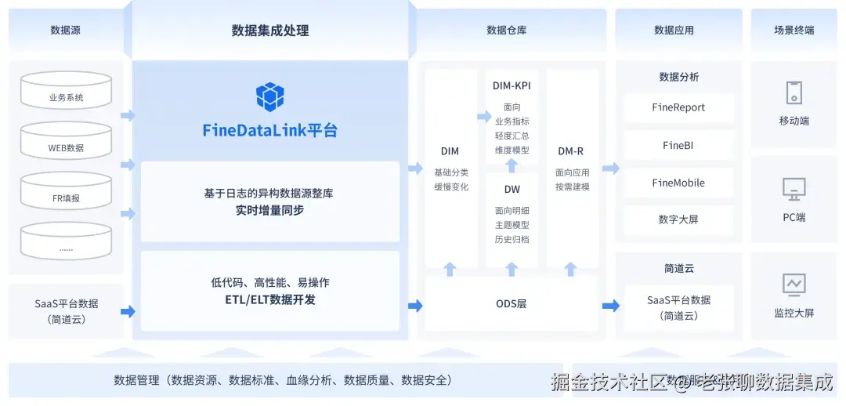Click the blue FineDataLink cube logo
(x=270, y=96)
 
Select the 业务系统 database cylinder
(x=66, y=92)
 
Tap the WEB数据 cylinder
(x=66, y=142)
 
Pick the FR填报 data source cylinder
(x=66, y=192)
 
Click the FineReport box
(x=678, y=107)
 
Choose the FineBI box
(x=678, y=145)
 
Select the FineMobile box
(x=678, y=183)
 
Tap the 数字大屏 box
(x=678, y=219)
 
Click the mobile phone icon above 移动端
(x=794, y=93)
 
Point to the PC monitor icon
(x=794, y=189)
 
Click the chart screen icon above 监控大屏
(x=794, y=284)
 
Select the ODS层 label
(x=511, y=303)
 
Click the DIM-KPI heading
(x=512, y=85)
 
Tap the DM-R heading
(x=570, y=151)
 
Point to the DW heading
(x=512, y=189)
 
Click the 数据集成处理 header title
(x=270, y=31)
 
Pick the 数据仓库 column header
(x=507, y=31)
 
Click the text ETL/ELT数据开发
(x=269, y=299)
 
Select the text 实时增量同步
(x=269, y=210)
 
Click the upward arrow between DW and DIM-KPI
(x=512, y=165)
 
